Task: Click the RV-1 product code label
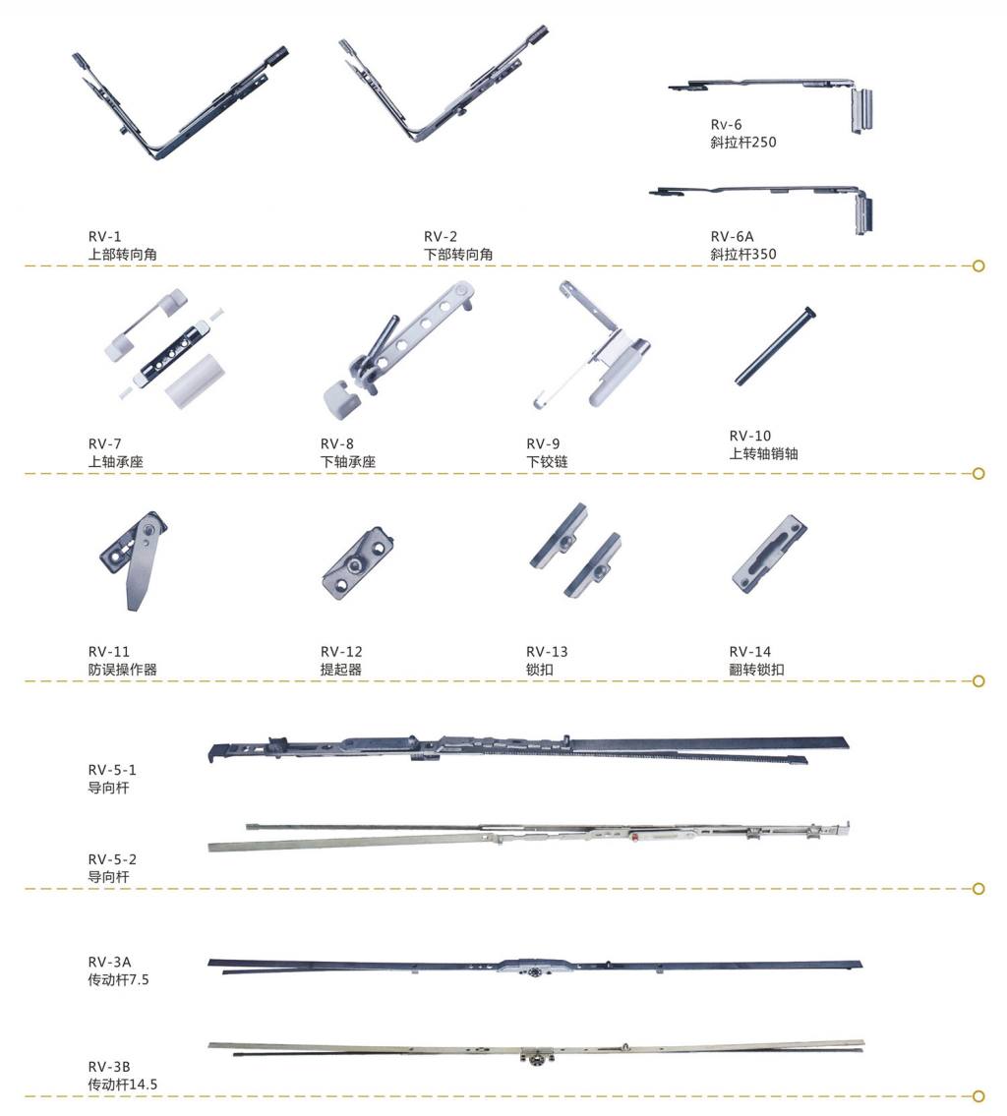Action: pos(103,237)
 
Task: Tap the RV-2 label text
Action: pos(441,237)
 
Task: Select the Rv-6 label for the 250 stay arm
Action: pos(727,125)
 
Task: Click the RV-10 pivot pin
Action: pos(775,346)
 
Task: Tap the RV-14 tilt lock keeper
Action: pos(770,554)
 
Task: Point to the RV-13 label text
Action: pos(547,652)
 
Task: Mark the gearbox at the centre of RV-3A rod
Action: pos(534,968)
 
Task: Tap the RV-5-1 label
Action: pos(112,770)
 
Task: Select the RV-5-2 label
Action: pos(112,858)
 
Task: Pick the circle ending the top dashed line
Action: pos(977,265)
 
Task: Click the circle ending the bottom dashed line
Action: pos(977,1095)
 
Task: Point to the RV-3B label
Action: pos(107,1067)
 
